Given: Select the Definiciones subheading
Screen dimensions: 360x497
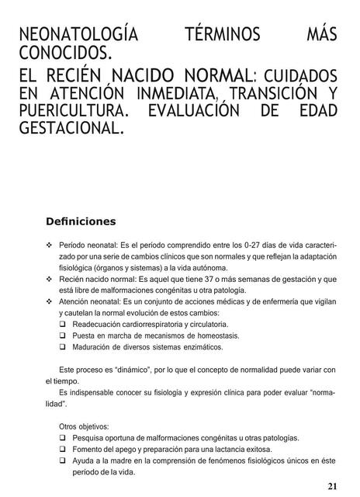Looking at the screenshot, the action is click(x=81, y=221).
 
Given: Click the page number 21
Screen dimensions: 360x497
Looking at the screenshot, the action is click(x=332, y=486).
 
